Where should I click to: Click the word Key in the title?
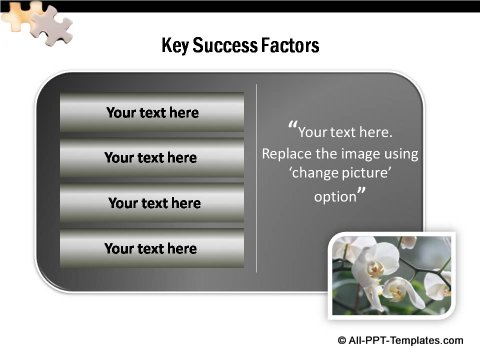coord(175,46)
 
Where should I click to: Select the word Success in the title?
coord(227,46)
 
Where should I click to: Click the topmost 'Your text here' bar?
coord(152,113)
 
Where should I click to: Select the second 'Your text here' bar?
coord(152,158)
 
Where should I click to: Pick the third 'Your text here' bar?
coord(152,203)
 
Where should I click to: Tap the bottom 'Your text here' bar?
coord(152,248)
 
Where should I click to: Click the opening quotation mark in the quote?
coord(292,127)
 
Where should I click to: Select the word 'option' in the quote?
coord(335,197)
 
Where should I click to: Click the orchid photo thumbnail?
coord(392,274)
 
